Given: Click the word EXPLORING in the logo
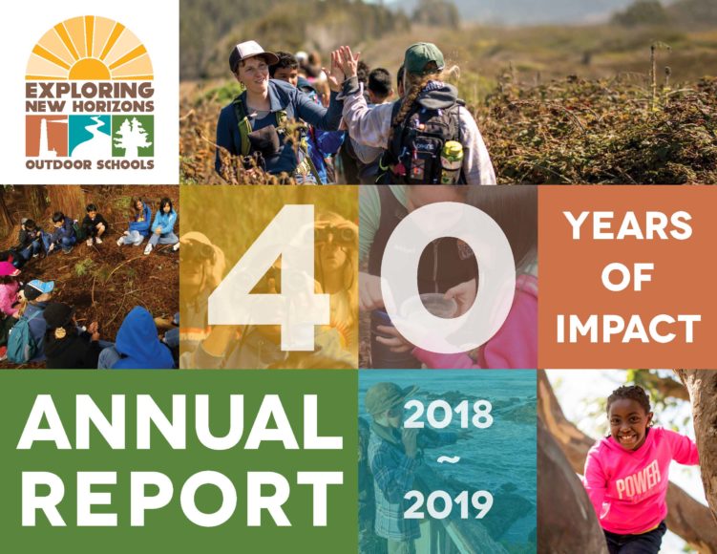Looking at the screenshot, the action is pos(90,90).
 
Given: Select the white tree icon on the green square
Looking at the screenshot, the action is pos(133,136).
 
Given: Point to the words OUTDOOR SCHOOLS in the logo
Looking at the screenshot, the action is pos(90,164).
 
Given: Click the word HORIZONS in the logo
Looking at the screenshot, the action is pos(116,106).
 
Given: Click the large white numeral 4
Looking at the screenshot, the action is pos(269,278).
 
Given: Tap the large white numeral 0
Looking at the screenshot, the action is pos(448,278).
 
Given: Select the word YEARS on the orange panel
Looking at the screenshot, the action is pos(628,225).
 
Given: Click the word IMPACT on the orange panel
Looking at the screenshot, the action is pos(628,329).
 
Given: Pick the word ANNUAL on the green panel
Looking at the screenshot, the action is pos(179,421).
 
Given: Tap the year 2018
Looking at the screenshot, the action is pos(448,415).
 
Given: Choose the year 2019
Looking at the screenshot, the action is pos(448,505).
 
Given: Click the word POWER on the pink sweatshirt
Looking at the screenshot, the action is pos(639,482).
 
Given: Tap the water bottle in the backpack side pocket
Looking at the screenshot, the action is pos(451,162).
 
